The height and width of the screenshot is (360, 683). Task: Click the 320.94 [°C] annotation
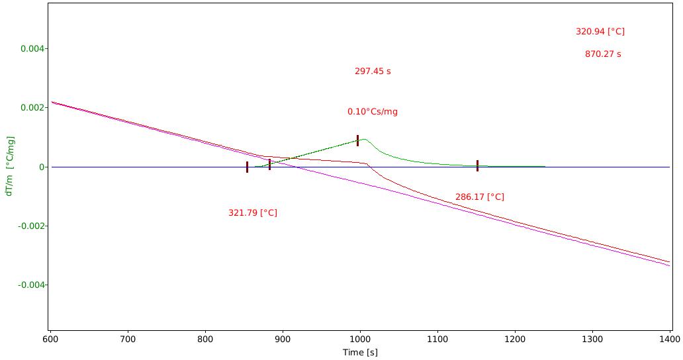tap(600, 31)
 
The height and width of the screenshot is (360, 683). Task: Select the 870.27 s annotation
tap(603, 54)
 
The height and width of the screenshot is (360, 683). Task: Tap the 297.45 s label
tap(373, 71)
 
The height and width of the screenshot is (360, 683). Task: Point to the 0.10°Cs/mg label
tap(373, 111)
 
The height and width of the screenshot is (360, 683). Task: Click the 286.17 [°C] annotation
tap(480, 197)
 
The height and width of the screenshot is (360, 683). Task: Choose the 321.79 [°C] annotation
tap(253, 213)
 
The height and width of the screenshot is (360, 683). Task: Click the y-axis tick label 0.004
tap(32, 48)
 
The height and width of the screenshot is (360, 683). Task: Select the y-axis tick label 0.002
tap(32, 107)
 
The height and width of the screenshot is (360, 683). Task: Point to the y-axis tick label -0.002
tap(31, 226)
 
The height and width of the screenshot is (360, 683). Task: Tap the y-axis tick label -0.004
tap(31, 285)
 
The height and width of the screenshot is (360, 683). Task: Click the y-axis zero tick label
tap(42, 167)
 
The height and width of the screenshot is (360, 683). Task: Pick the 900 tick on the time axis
tap(283, 339)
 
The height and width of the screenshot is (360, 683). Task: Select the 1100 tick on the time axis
tap(437, 339)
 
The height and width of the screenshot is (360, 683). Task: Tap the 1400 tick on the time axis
tap(670, 339)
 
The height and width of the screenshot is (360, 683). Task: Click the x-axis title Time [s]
tap(360, 352)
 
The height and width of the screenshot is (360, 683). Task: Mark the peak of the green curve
tap(364, 139)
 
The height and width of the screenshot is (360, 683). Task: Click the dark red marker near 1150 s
tap(477, 166)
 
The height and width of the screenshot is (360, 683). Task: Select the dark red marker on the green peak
tap(357, 140)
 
